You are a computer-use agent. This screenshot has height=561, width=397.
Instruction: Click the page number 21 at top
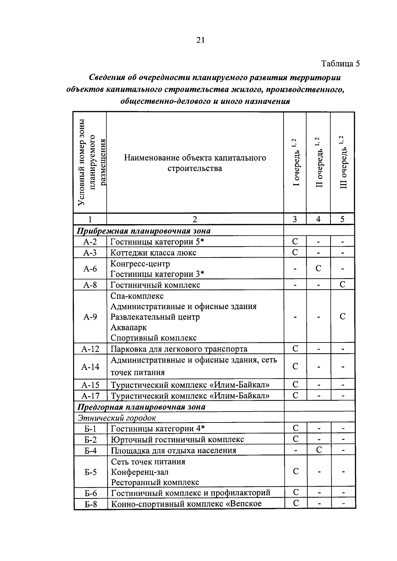point(200,40)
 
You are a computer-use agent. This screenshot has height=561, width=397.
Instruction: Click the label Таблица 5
point(340,63)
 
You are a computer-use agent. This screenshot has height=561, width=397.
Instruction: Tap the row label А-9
point(90,317)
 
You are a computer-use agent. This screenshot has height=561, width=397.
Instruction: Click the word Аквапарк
point(129,327)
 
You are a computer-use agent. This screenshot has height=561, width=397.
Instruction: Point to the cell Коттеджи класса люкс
point(153,253)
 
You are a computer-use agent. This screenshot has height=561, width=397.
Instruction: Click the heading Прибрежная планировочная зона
point(144,231)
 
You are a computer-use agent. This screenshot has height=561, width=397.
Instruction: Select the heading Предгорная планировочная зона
point(141,407)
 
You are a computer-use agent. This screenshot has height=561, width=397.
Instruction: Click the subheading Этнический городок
point(116,418)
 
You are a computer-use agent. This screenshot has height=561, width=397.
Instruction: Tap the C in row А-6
point(318,268)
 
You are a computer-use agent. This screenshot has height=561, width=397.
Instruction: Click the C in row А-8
point(342,284)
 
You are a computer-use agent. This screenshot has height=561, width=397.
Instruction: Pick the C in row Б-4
point(319,450)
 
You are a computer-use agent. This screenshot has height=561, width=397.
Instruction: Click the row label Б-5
point(90,472)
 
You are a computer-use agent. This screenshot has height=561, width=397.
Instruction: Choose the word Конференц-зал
point(140,472)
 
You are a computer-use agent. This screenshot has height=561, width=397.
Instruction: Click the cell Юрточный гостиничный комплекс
point(177,439)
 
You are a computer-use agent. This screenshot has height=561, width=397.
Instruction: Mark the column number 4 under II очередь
point(318,219)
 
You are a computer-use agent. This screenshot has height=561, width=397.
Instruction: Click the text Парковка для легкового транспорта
point(179,349)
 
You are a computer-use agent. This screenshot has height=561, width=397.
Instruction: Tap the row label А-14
point(90,367)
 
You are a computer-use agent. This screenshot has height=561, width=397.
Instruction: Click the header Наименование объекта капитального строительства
point(195,163)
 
